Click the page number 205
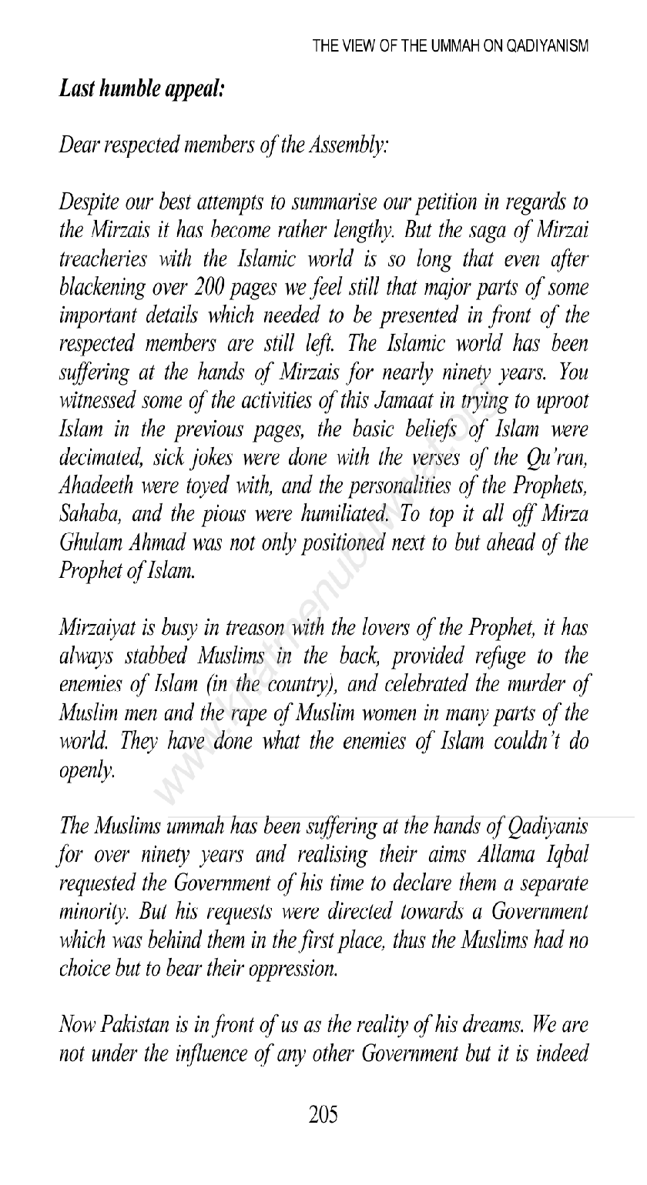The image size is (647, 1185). (323, 1115)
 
